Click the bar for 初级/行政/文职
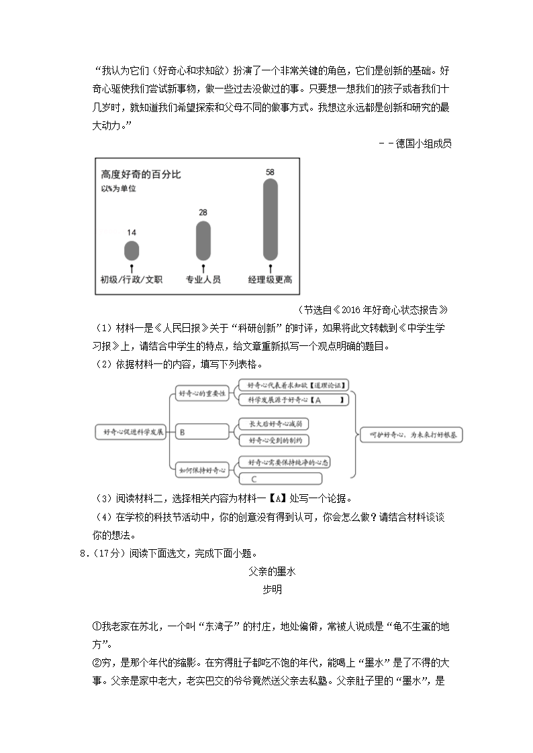132,251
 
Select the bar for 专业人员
203,241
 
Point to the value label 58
270,172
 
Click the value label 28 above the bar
203,213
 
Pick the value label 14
132,232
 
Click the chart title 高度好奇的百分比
140,175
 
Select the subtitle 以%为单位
118,190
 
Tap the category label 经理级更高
270,280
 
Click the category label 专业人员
203,280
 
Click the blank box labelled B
201,432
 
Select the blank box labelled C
281,479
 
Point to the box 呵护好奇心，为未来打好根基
411,435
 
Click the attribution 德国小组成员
424,143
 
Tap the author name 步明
272,589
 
